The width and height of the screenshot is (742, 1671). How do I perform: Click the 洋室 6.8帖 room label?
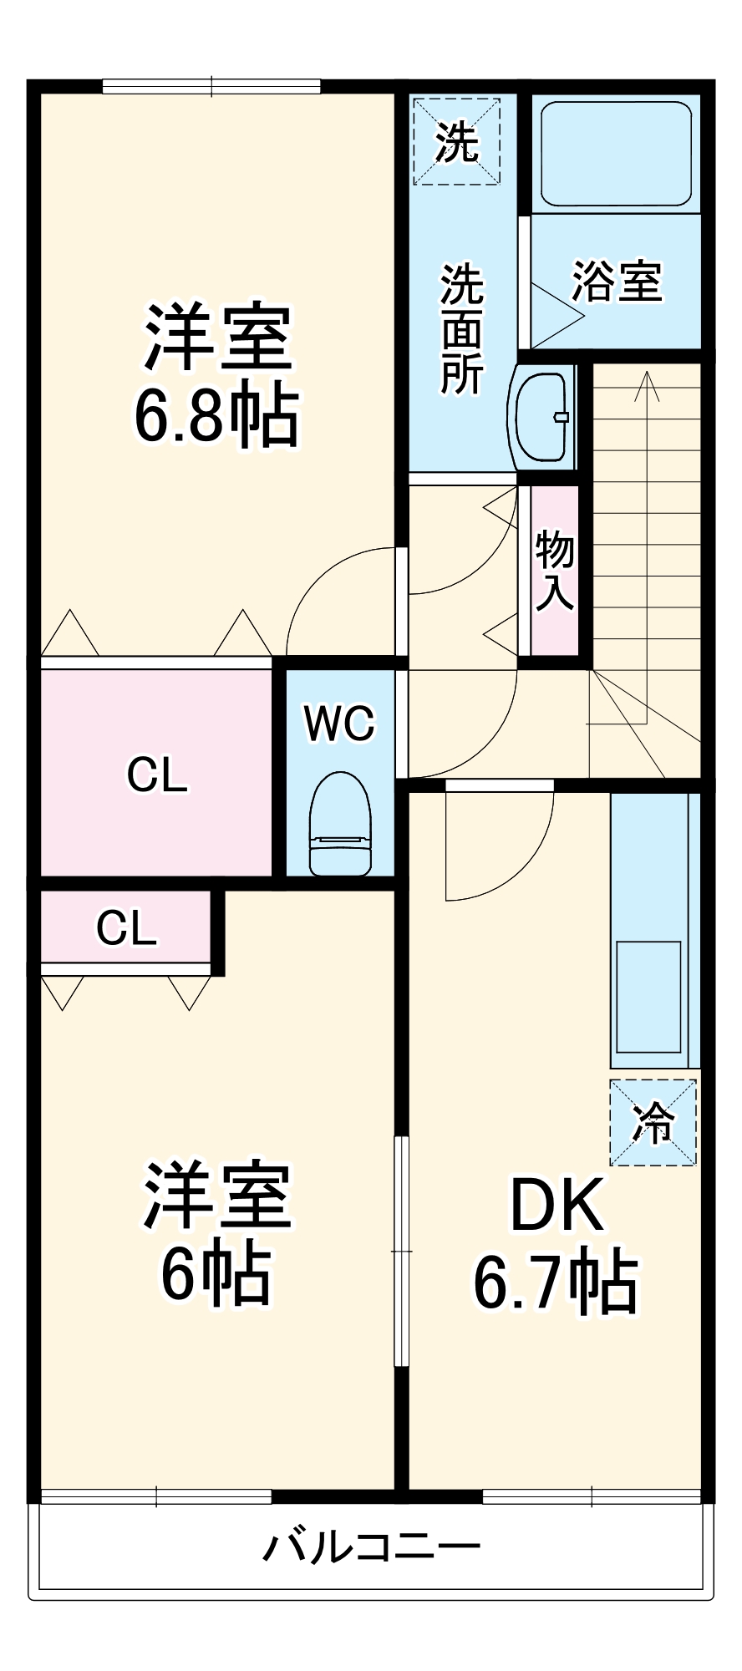[217, 376]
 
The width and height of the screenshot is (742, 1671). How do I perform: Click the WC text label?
[339, 724]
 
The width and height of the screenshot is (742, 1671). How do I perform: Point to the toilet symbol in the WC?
[339, 823]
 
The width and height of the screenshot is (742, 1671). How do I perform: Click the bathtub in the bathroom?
[616, 154]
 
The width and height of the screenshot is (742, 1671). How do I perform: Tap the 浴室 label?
[617, 282]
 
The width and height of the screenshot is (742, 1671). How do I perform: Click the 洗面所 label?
[462, 328]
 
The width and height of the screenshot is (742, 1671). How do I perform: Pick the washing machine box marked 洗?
[457, 141]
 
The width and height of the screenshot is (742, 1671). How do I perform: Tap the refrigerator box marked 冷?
[653, 1122]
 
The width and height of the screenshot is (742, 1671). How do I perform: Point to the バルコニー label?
[371, 1547]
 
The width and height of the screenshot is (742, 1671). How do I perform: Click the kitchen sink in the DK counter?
[648, 996]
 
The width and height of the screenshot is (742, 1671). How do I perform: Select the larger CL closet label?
[157, 775]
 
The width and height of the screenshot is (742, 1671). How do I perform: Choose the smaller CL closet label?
[126, 927]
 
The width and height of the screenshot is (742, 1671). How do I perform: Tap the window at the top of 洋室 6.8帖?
[211, 86]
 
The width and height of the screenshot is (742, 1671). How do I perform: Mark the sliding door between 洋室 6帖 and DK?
[402, 1251]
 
